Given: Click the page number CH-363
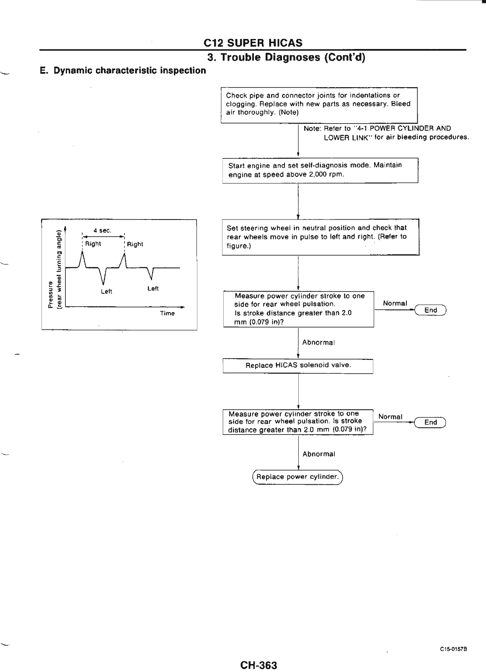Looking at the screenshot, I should pyautogui.click(x=259, y=654).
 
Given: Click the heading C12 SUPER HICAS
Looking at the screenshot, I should pyautogui.click(x=253, y=43).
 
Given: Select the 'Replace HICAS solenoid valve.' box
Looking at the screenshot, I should pyautogui.click(x=298, y=365).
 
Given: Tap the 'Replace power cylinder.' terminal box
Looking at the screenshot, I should pyautogui.click(x=297, y=477).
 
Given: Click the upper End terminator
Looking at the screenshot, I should pyautogui.click(x=431, y=310).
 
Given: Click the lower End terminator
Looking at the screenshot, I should pyautogui.click(x=431, y=422).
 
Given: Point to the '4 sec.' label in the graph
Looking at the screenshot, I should pyautogui.click(x=102, y=230).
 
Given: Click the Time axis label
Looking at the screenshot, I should pyautogui.click(x=167, y=313).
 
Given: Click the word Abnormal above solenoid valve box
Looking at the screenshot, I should pyautogui.click(x=318, y=343).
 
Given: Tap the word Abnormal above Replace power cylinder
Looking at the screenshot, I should pyautogui.click(x=318, y=454).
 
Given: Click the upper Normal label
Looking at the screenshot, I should pyautogui.click(x=395, y=303).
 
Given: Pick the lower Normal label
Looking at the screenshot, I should pyautogui.click(x=390, y=417).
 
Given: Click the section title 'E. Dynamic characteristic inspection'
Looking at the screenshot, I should pyautogui.click(x=123, y=70).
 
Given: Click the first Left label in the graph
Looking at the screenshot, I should pyautogui.click(x=107, y=292).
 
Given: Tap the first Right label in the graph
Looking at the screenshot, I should pyautogui.click(x=93, y=244).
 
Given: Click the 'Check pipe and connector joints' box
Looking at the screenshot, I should pyautogui.click(x=319, y=104).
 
